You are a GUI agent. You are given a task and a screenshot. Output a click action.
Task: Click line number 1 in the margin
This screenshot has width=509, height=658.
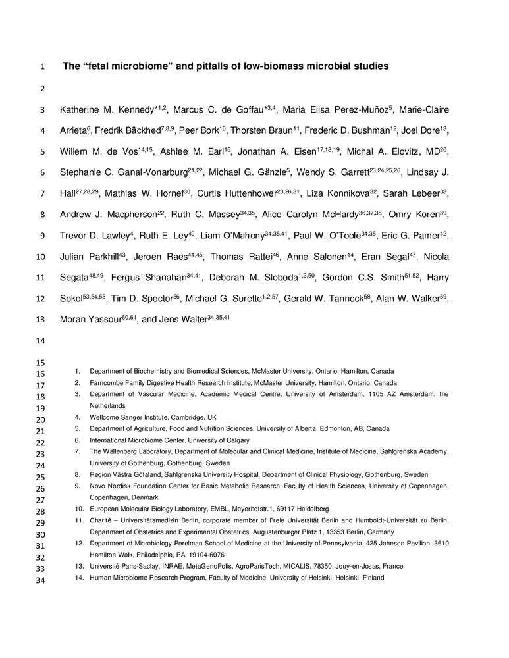pos(43,67)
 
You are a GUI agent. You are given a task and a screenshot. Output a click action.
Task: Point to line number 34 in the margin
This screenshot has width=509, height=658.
pos(40,579)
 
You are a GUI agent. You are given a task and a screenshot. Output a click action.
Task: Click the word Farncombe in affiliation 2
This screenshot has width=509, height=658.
pos(108,382)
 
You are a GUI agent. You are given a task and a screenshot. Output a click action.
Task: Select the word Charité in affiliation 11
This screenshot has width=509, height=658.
pos(101,520)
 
